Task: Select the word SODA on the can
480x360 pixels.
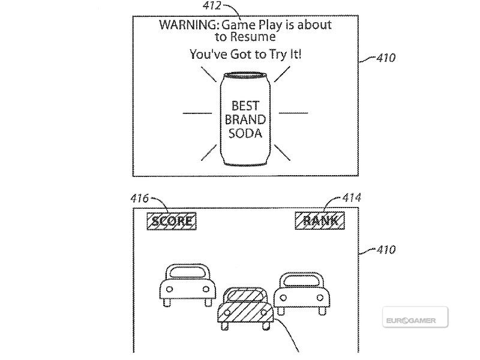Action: coord(245,133)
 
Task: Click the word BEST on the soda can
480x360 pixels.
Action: coord(245,106)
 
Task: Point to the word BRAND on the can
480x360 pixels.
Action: coord(245,119)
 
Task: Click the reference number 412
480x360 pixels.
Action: coord(212,5)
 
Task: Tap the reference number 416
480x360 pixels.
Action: coord(140,199)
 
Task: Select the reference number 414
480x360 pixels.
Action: coord(352,197)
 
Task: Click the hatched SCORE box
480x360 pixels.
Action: coord(172,221)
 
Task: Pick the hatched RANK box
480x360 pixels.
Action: coord(320,221)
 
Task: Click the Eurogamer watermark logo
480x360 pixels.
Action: coord(415,317)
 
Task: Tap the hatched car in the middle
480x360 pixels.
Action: coord(245,308)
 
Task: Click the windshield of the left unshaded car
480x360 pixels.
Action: coord(188,272)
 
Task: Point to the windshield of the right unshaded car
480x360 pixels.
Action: coord(302,281)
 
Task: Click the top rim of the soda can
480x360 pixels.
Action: coord(245,75)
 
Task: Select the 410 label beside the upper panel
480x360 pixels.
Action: coord(386,58)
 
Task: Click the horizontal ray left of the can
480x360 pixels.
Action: coord(197,113)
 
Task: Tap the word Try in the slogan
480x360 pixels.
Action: coord(278,55)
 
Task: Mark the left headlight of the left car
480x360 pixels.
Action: coord(169,289)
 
